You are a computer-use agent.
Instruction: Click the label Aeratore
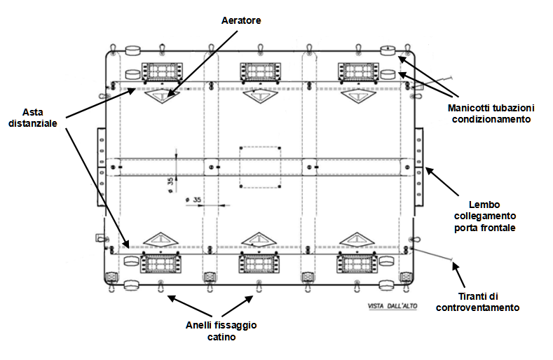[x=241, y=20]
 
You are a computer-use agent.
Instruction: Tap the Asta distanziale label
[x=33, y=118]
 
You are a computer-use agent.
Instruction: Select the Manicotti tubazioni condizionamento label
[x=491, y=113]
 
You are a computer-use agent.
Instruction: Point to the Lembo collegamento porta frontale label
[x=484, y=216]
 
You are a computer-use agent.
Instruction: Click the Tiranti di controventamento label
[x=477, y=302]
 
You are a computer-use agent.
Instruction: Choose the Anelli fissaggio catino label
[x=221, y=331]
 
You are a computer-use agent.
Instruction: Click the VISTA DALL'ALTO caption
[x=392, y=306]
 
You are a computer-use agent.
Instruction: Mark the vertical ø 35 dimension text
[x=171, y=185]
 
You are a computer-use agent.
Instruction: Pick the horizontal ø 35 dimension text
[x=193, y=200]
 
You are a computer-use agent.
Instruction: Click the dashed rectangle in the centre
[x=240, y=167]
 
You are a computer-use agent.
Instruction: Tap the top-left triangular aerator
[x=162, y=96]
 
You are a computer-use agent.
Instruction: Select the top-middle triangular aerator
[x=260, y=96]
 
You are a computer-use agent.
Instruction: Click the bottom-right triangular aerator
[x=357, y=239]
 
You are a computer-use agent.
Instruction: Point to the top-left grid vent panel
[x=162, y=72]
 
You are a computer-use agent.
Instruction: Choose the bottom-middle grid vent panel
[x=259, y=263]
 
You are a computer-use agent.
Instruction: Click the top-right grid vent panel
[x=358, y=72]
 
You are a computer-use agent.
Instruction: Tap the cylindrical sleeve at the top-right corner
[x=388, y=50]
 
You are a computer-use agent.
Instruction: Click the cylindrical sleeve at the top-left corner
[x=133, y=50]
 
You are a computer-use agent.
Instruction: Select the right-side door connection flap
[x=418, y=167]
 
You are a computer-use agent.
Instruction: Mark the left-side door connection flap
[x=102, y=167]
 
